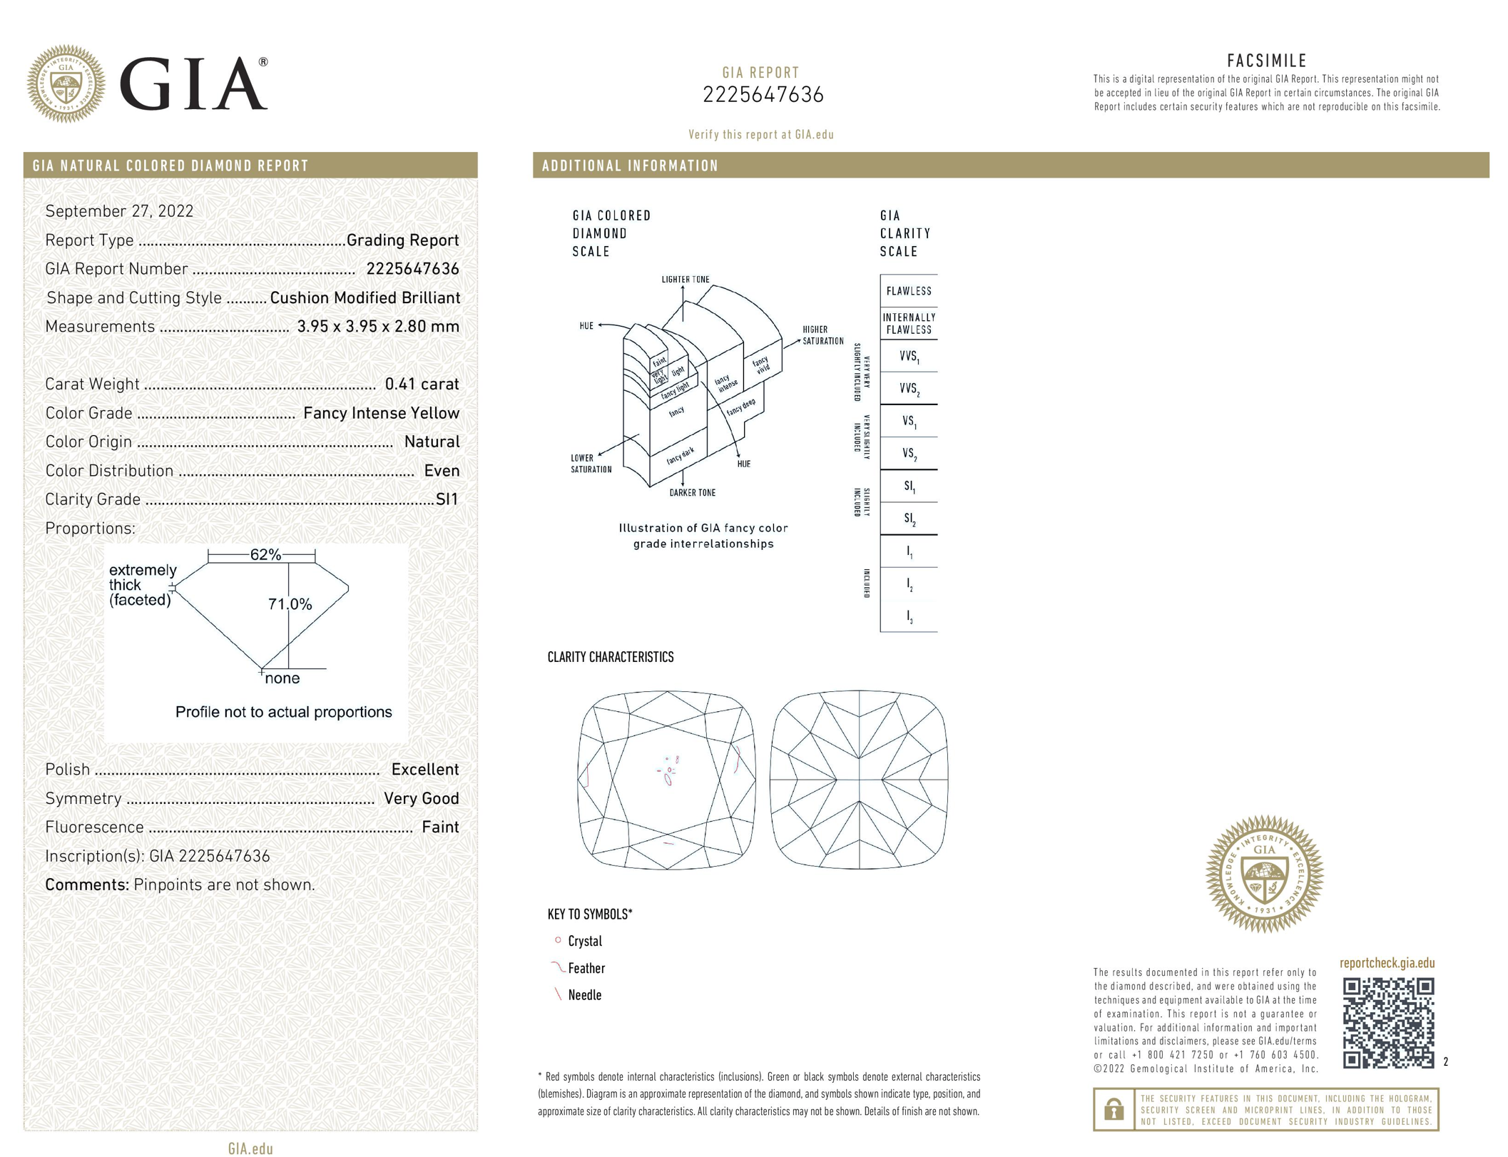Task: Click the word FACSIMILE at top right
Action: click(1266, 61)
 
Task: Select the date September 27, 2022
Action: click(119, 211)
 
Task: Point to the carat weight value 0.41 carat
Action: click(422, 384)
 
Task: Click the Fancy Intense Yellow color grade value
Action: click(381, 413)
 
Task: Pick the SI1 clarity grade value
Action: click(447, 499)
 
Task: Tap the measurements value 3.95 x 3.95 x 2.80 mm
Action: click(378, 326)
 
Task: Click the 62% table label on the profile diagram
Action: click(265, 554)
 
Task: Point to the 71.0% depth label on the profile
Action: click(290, 604)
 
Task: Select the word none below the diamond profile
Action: click(282, 678)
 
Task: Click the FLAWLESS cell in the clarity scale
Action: click(908, 291)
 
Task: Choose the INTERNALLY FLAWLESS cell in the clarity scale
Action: click(908, 323)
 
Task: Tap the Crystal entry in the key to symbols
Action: click(584, 942)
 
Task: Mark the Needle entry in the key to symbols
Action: click(584, 995)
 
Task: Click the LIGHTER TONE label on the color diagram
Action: click(685, 280)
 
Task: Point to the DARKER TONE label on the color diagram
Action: click(692, 493)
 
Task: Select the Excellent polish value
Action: click(424, 769)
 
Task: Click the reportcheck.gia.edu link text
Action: click(1386, 963)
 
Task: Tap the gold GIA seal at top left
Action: click(66, 83)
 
